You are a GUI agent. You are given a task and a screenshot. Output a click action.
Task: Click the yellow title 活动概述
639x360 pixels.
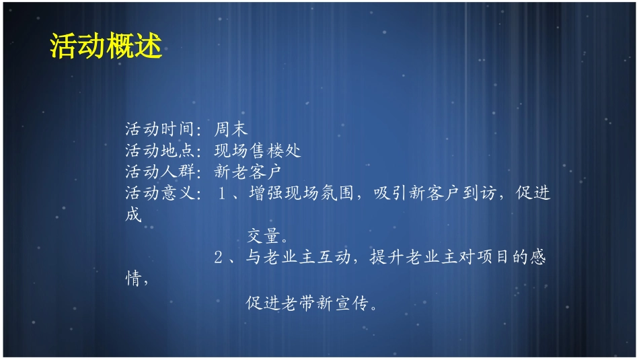click(x=106, y=46)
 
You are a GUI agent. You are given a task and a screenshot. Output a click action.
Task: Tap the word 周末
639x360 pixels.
click(x=231, y=129)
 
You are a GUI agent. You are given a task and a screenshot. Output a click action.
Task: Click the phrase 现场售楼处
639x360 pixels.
click(x=258, y=150)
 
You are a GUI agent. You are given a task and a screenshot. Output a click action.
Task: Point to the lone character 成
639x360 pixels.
click(x=133, y=215)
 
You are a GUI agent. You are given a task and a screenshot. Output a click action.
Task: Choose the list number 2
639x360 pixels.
click(x=218, y=258)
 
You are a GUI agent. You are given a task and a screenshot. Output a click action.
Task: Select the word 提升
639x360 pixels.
click(x=386, y=258)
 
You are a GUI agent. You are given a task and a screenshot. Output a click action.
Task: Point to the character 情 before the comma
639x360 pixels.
click(x=133, y=279)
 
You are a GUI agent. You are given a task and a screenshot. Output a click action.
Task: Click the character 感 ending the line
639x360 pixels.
click(x=537, y=258)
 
